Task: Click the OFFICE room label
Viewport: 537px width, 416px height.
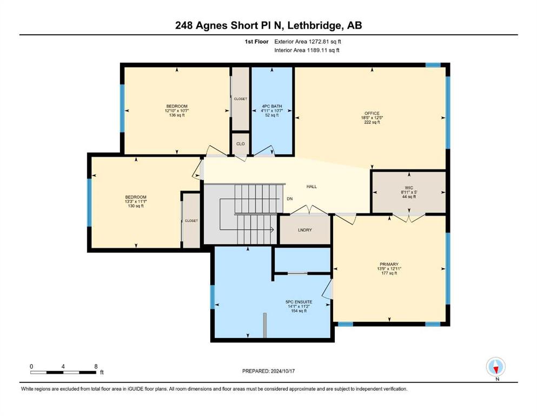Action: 372,113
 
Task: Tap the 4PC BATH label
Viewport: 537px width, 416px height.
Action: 272,106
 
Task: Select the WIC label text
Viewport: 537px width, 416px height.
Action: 409,188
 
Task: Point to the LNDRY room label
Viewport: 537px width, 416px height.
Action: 305,230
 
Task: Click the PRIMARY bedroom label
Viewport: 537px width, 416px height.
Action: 389,264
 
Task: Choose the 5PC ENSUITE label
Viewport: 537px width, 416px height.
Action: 299,302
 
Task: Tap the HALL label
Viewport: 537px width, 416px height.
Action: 311,186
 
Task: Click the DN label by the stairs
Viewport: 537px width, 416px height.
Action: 290,199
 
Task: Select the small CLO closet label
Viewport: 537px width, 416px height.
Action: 241,144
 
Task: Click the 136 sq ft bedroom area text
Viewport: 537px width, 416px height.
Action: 177,115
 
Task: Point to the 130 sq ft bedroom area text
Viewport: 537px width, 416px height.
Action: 136,206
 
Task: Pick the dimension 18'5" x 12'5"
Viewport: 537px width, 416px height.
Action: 372,118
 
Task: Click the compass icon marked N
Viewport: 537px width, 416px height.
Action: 496,367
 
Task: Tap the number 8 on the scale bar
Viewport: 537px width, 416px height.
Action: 96,366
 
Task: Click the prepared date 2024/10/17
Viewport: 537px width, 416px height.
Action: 282,371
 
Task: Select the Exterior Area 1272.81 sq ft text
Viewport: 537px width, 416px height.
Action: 308,42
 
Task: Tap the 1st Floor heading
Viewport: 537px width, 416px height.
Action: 256,42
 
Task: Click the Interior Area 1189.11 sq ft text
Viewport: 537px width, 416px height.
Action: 307,50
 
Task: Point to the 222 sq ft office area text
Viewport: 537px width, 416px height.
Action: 372,122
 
